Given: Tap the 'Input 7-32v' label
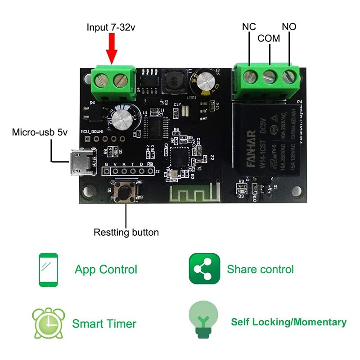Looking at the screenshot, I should pyautogui.click(x=111, y=27).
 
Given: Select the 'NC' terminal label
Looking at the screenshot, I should pyautogui.click(x=249, y=27).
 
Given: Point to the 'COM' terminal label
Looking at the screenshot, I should pyautogui.click(x=269, y=39).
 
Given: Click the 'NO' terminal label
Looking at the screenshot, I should pyautogui.click(x=289, y=27).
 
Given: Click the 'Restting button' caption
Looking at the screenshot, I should pyautogui.click(x=126, y=233).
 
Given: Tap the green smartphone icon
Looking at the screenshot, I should pyautogui.click(x=48, y=270).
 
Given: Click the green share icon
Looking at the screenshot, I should pyautogui.click(x=204, y=269).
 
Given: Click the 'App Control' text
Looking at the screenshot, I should pyautogui.click(x=106, y=270).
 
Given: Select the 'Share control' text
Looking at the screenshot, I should pyautogui.click(x=260, y=269).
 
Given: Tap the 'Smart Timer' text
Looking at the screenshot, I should pyautogui.click(x=104, y=324).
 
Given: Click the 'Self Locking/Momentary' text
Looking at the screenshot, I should pyautogui.click(x=288, y=322).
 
